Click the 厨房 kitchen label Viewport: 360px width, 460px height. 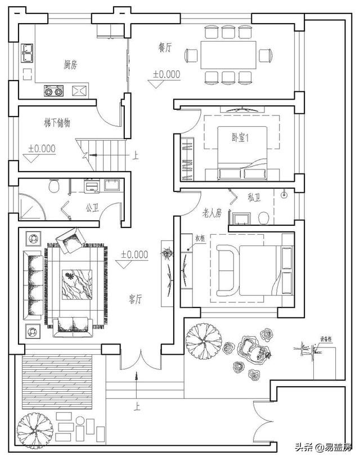70,64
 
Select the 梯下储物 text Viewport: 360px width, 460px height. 57,122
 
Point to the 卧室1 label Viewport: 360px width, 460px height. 240,137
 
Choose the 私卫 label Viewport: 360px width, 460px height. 254,198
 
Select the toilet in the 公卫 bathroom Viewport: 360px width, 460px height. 55,186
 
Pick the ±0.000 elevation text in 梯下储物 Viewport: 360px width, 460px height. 42,149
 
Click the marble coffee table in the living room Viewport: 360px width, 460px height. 74,285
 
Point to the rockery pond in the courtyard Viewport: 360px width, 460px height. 256,352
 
